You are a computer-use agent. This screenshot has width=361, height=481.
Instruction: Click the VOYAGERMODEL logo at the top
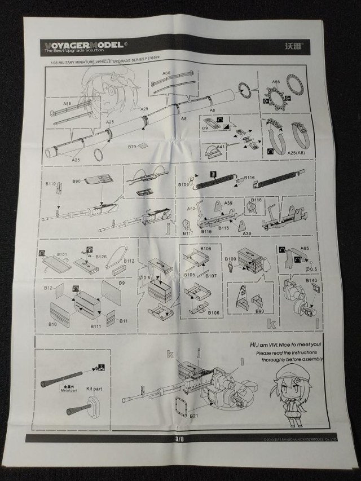(84, 44)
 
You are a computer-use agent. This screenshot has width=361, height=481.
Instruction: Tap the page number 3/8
(180, 438)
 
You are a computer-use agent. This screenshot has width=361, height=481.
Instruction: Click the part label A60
(167, 73)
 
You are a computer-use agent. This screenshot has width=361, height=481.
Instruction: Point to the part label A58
(66, 104)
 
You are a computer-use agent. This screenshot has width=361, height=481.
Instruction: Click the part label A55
(276, 81)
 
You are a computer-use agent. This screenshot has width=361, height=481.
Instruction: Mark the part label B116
(249, 178)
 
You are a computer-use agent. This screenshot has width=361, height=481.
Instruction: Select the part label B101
(61, 254)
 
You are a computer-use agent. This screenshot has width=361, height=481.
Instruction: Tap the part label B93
(259, 311)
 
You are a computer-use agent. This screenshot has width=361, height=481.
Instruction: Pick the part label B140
(311, 280)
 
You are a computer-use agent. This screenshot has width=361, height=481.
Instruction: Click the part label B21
(195, 416)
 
